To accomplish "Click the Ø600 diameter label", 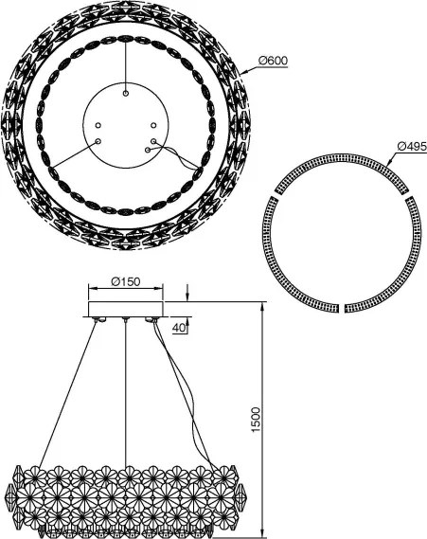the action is (273, 61).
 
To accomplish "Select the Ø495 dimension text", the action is (412, 147).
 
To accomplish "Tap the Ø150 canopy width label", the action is (126, 282).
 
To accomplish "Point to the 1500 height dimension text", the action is (256, 420).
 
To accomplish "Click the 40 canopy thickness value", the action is (179, 328).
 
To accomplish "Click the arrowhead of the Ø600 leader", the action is (243, 73).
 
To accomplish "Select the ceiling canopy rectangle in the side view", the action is (126, 309).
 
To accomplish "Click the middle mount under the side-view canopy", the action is (126, 320).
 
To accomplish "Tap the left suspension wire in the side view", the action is (67, 395).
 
